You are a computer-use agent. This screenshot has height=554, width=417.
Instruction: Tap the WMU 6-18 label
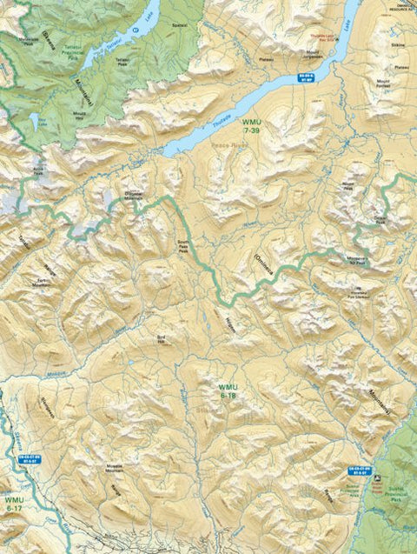pos(228,390)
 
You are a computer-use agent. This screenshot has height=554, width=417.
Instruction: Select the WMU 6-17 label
pos(14,505)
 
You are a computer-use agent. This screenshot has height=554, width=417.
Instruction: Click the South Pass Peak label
pos(182,246)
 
